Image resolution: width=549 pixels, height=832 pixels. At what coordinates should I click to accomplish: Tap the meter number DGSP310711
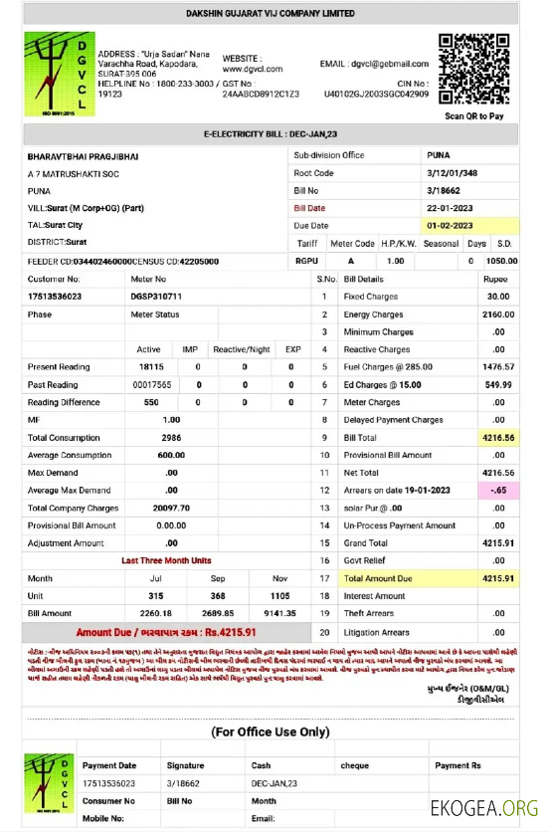pos(156,297)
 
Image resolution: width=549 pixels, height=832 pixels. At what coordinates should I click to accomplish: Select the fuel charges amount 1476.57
pos(497,367)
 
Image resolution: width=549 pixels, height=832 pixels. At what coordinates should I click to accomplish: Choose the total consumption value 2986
pos(171,438)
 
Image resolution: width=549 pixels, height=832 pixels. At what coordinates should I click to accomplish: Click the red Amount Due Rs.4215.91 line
pos(166,632)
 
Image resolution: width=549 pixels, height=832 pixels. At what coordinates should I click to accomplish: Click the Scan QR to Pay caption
pos(474,116)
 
